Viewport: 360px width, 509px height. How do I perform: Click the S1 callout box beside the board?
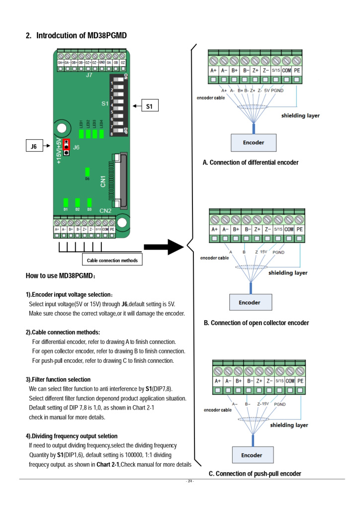click(x=149, y=106)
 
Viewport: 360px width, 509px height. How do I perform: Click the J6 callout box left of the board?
click(x=34, y=146)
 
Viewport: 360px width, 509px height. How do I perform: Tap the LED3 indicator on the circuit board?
click(x=94, y=133)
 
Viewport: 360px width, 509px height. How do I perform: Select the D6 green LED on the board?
click(x=87, y=172)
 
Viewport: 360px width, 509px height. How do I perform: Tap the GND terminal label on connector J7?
click(x=101, y=62)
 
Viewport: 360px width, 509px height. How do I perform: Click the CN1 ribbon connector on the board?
click(x=117, y=179)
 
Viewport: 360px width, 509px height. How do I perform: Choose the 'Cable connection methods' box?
click(x=112, y=260)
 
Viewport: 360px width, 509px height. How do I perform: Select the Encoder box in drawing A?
click(x=253, y=143)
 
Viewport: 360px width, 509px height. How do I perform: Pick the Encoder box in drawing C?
click(x=252, y=455)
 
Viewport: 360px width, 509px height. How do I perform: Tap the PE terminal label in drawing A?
click(x=297, y=71)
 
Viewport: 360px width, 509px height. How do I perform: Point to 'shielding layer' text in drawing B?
click(x=288, y=273)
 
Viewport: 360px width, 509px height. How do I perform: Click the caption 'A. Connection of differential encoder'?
click(x=251, y=163)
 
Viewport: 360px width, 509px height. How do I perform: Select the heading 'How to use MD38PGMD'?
click(x=61, y=275)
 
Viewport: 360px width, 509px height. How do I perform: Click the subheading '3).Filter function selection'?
click(x=58, y=379)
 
